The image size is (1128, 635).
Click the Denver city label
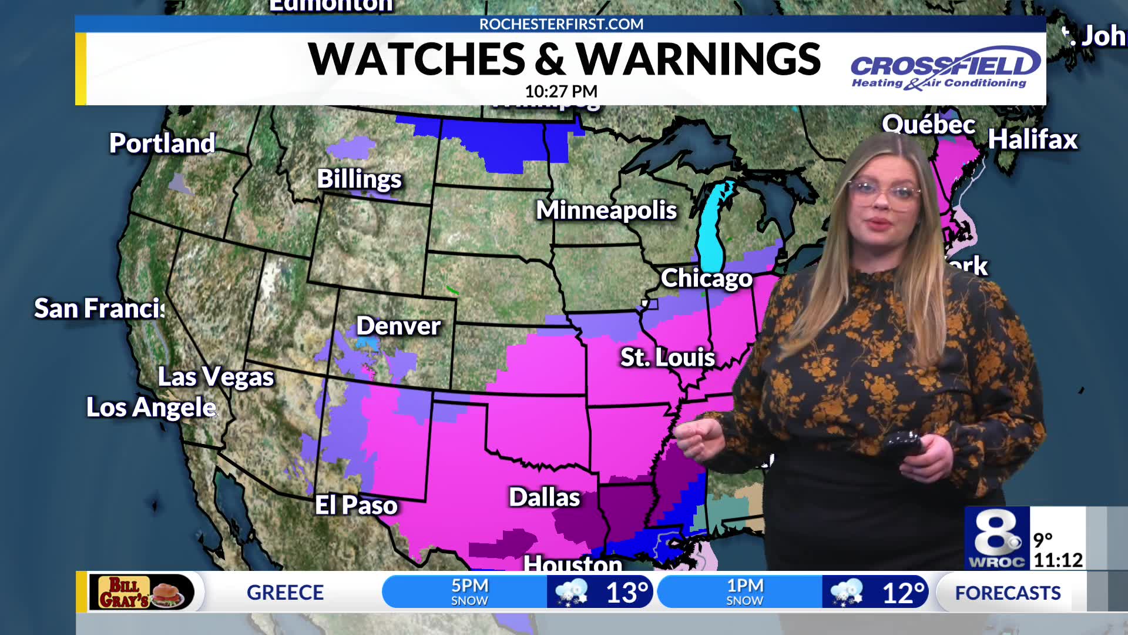pos(398,326)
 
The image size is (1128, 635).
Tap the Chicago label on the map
pos(706,278)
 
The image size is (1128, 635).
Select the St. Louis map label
pos(667,357)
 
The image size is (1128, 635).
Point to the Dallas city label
pos(544,497)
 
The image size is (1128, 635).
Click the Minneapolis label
pos(606,210)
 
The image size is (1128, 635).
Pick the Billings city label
pos(359,179)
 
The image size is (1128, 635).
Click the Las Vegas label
pos(216,377)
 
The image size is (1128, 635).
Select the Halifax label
pos(1032,140)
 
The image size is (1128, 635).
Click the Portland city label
pos(162,143)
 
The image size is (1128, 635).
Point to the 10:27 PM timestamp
pos(560,92)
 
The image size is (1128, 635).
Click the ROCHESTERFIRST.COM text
pos(561,24)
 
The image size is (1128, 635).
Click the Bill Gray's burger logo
pos(142,592)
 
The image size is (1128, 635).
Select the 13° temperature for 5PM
pos(627,593)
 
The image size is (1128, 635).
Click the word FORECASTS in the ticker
pos(1008,593)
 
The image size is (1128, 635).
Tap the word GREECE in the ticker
pos(285,593)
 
